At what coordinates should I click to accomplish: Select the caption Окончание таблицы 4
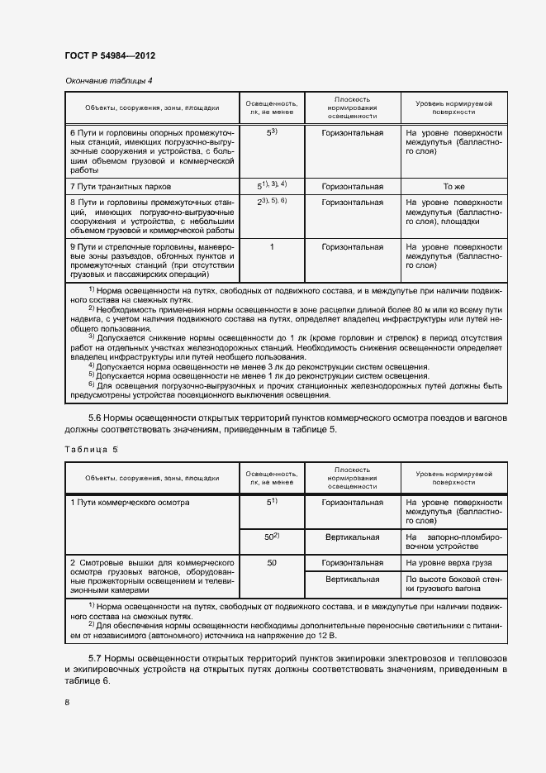click(108, 80)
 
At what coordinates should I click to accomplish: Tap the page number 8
click(67, 702)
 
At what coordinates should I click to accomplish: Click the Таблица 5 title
click(90, 448)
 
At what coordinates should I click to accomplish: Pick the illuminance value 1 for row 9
click(271, 246)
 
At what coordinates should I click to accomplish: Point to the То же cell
click(453, 186)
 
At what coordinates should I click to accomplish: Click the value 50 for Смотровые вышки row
click(271, 562)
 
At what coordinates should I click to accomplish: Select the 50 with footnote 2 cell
click(271, 537)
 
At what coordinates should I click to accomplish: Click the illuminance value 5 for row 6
click(271, 132)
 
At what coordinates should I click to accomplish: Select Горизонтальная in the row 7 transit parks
click(353, 186)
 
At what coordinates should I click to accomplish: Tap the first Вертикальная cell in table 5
click(353, 537)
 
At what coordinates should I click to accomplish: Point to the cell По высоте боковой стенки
click(453, 585)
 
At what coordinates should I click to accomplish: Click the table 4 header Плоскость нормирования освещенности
click(353, 107)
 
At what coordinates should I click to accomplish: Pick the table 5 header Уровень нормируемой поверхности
click(453, 477)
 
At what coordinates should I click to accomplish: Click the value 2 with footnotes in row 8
click(271, 202)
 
